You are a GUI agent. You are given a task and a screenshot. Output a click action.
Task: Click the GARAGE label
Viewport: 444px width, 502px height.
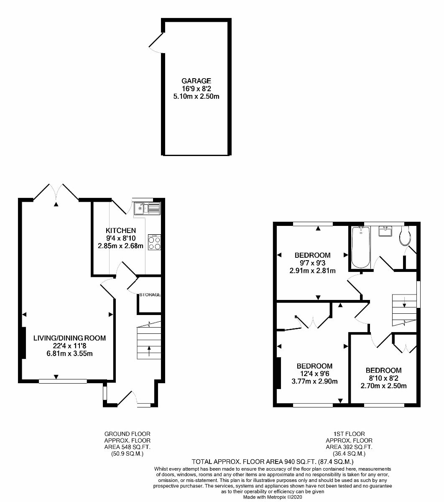pyautogui.click(x=196, y=81)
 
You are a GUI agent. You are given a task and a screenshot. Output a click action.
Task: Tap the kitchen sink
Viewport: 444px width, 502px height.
pyautogui.click(x=147, y=208)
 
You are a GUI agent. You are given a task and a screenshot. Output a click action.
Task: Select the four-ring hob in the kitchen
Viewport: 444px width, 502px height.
pyautogui.click(x=154, y=242)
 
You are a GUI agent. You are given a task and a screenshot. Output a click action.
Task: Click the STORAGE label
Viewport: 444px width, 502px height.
pyautogui.click(x=150, y=295)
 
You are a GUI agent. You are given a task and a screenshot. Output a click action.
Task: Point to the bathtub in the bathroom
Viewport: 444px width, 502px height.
pyautogui.click(x=361, y=247)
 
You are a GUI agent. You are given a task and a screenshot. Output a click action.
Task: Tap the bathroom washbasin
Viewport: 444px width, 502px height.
pyautogui.click(x=385, y=231)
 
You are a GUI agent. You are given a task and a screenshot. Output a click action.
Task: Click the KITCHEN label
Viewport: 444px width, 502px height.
pyautogui.click(x=121, y=231)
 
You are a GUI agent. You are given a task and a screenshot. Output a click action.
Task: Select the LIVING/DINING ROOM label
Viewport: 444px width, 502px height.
pyautogui.click(x=69, y=338)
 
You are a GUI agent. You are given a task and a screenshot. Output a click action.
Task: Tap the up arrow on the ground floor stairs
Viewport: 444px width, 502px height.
pyautogui.click(x=149, y=351)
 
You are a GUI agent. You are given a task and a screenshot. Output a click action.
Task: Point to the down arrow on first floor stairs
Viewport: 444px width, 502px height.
pyautogui.click(x=404, y=302)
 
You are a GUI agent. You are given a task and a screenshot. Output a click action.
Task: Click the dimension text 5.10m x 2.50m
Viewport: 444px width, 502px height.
pyautogui.click(x=196, y=96)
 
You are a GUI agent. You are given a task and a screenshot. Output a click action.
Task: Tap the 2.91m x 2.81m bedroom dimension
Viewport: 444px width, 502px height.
pyautogui.click(x=312, y=271)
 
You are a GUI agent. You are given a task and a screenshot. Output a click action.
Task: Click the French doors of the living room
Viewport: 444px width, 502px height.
pyautogui.click(x=56, y=192)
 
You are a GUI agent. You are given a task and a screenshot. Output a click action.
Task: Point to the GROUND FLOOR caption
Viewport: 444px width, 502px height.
pyautogui.click(x=127, y=434)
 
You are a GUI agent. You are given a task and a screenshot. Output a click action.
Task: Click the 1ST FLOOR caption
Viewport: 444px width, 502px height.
pyautogui.click(x=349, y=434)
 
